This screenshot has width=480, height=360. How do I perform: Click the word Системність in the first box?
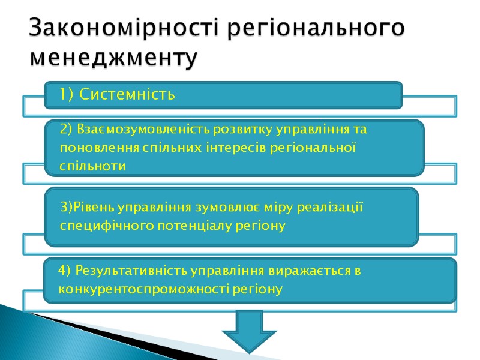(x=127, y=95)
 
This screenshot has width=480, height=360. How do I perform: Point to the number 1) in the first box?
(x=67, y=95)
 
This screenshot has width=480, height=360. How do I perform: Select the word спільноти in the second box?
(x=93, y=166)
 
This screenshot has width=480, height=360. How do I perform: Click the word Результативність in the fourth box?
(x=127, y=271)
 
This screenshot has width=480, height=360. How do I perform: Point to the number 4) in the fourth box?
(x=65, y=271)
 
